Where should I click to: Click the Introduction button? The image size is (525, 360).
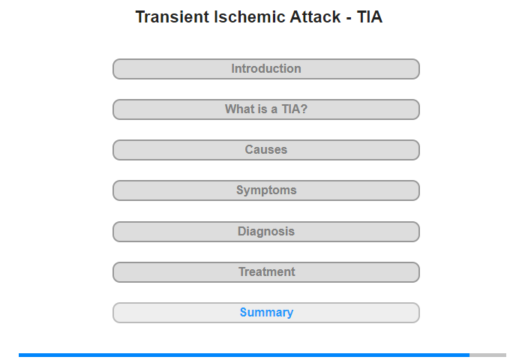point(265,69)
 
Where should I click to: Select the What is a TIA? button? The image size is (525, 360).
point(265,109)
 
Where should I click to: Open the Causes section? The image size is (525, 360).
point(265,150)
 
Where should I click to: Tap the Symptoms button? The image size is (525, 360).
point(265,190)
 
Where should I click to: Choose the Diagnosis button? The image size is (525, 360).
point(265,232)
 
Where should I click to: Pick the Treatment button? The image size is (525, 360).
point(265,272)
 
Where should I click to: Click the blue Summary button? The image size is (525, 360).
point(265,313)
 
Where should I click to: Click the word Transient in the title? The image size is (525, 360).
point(172,16)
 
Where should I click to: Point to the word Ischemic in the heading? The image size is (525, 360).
point(249,16)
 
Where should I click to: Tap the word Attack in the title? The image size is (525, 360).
point(315,16)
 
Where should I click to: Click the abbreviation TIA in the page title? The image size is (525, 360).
point(369,16)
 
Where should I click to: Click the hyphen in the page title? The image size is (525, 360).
point(349,19)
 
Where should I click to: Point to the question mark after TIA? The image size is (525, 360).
point(304,109)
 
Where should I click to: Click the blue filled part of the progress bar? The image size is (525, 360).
point(244,355)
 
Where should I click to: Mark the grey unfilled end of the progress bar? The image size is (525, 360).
point(487,355)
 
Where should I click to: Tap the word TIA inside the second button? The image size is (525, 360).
point(291,109)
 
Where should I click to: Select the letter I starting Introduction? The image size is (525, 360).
point(233,69)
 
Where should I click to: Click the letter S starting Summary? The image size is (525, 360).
point(244,313)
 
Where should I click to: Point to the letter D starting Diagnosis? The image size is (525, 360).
point(241,232)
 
